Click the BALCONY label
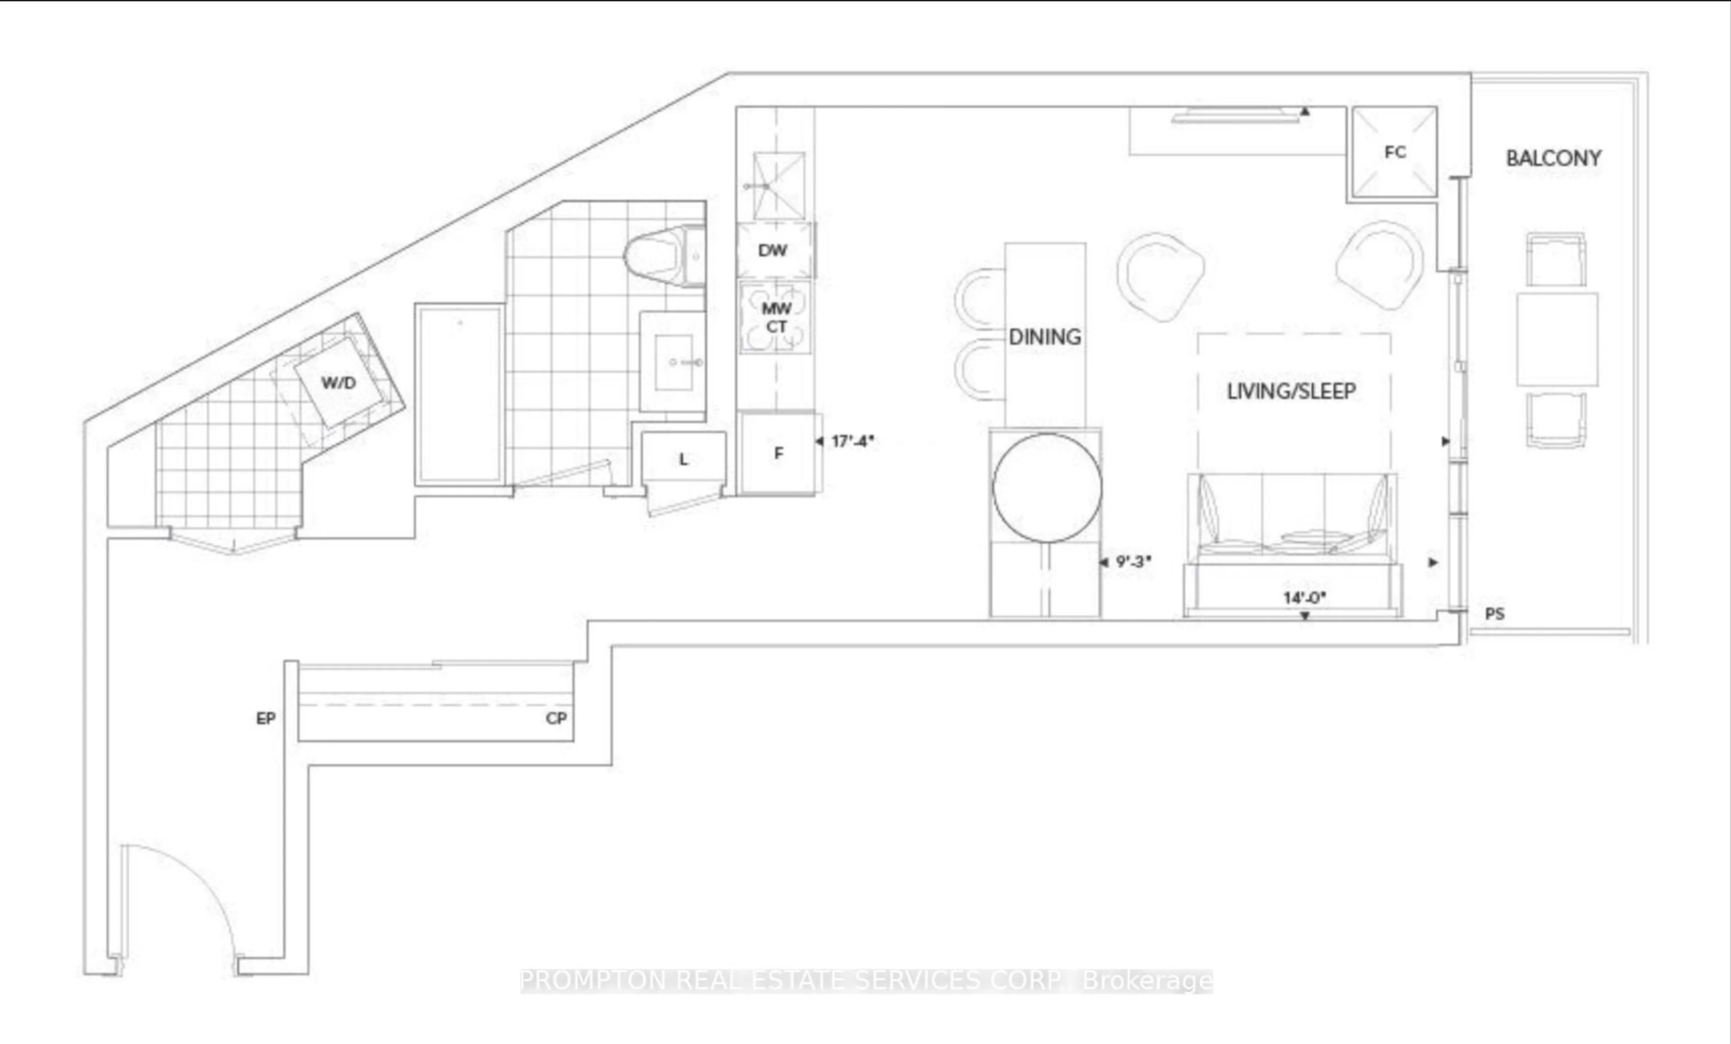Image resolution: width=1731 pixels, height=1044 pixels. coord(1553,158)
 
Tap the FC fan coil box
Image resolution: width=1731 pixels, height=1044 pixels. coord(1395,152)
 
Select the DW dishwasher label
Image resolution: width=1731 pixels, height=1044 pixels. coord(773,250)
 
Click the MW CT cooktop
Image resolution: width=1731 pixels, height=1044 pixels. coord(776,317)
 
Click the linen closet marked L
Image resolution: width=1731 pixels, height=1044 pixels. coord(683,459)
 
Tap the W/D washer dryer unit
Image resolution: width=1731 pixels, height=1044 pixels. coord(339,383)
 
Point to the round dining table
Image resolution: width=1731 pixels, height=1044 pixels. coord(1047,488)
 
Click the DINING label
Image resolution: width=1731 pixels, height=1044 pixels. coord(1044,337)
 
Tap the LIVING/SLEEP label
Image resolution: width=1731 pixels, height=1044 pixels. coord(1291,391)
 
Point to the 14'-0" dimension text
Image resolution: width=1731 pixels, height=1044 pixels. coord(1304,598)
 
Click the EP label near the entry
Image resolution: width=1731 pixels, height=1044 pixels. coord(266,718)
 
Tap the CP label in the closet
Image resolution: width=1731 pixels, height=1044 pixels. coord(556,718)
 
